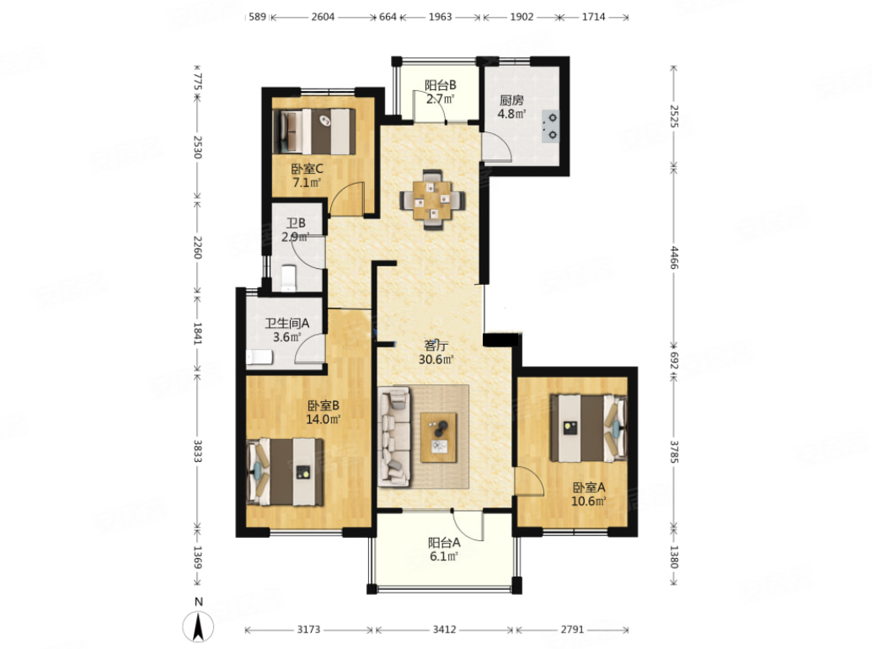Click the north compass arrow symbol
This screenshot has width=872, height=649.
pos(198,625)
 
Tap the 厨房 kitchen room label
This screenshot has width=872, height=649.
pos(511,100)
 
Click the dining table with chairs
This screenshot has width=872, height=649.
pos(433,199)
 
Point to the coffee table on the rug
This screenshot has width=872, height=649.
pos(438,437)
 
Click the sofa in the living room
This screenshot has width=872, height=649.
pos(394,437)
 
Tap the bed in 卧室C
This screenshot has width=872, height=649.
pos(314,131)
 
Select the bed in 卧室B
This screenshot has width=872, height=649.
pos(285,472)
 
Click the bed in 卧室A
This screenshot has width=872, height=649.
pos(588,427)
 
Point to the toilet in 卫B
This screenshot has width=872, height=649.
pos(288,278)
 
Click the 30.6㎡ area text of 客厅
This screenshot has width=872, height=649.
pos(436,359)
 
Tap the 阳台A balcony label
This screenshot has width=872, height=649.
pos(444,542)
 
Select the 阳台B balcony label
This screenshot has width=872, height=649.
pos(441,85)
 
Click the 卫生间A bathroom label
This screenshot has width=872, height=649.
pos(287,323)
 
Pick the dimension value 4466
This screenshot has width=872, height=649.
pos(673,257)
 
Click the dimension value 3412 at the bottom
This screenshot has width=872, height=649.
pos(444,630)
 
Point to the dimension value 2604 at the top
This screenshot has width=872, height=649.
pos(324,17)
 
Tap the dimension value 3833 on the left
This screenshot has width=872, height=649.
pos(197,450)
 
